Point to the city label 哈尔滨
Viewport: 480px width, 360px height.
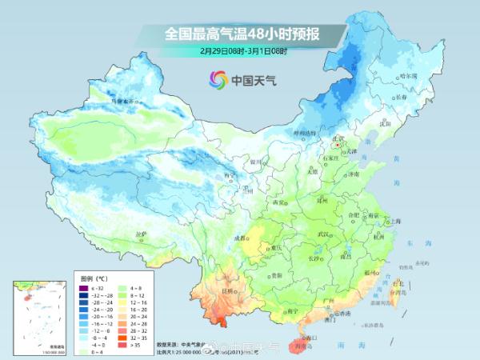408,75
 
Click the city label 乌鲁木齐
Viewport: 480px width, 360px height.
125,102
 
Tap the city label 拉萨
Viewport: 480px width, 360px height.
142,234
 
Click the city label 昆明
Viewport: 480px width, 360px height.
228,290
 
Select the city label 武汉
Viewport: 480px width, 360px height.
324,234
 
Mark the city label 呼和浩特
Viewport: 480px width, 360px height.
305,132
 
